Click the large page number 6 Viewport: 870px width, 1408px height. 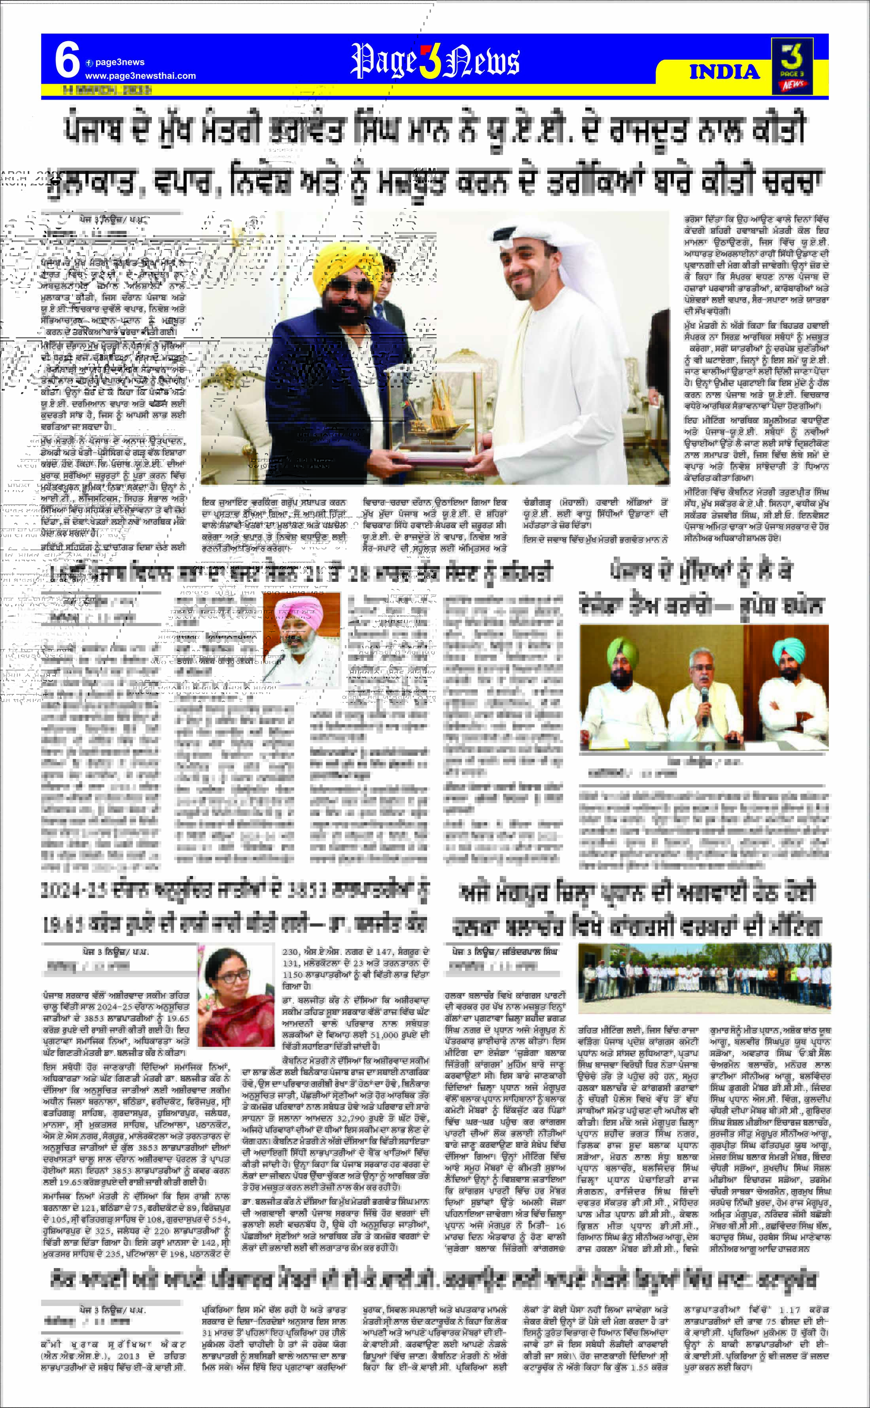click(67, 60)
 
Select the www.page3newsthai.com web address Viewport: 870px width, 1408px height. click(140, 76)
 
